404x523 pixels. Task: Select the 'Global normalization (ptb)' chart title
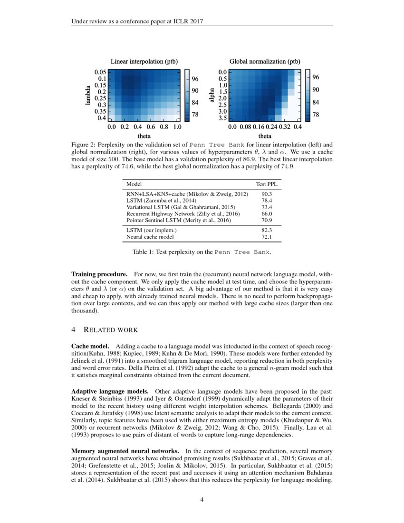pos(265,61)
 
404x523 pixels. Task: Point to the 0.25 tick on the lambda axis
pos(100,98)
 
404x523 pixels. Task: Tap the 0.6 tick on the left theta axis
pos(151,127)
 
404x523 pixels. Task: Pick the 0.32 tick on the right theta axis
pos(284,127)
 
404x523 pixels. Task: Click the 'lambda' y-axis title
pos(88,95)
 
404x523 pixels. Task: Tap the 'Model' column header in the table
pos(134,184)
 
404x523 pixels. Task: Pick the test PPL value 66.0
pos(267,214)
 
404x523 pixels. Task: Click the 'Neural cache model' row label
pos(150,236)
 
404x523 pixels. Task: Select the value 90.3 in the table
pos(267,194)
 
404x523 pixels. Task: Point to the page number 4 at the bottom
pos(202,499)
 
